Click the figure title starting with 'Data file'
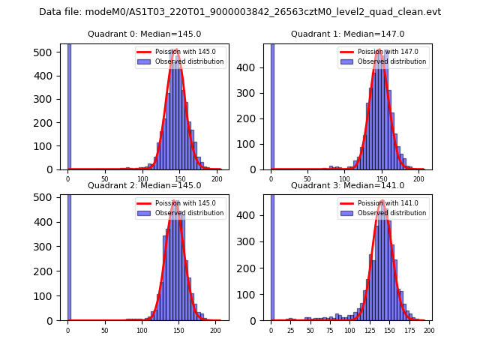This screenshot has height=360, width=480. (x=240, y=12)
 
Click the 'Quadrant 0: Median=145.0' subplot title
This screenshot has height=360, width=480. (x=145, y=34)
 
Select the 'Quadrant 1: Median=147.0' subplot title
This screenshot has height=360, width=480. (x=347, y=34)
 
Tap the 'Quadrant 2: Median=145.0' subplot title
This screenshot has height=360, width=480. (x=145, y=185)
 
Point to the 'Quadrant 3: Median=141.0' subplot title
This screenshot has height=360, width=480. (x=347, y=185)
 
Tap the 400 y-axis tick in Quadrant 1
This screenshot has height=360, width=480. (x=256, y=66)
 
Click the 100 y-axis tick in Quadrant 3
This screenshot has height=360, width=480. (x=256, y=294)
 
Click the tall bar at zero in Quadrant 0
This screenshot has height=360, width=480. (x=69, y=105)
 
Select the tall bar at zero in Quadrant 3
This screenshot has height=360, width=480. (x=272, y=255)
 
